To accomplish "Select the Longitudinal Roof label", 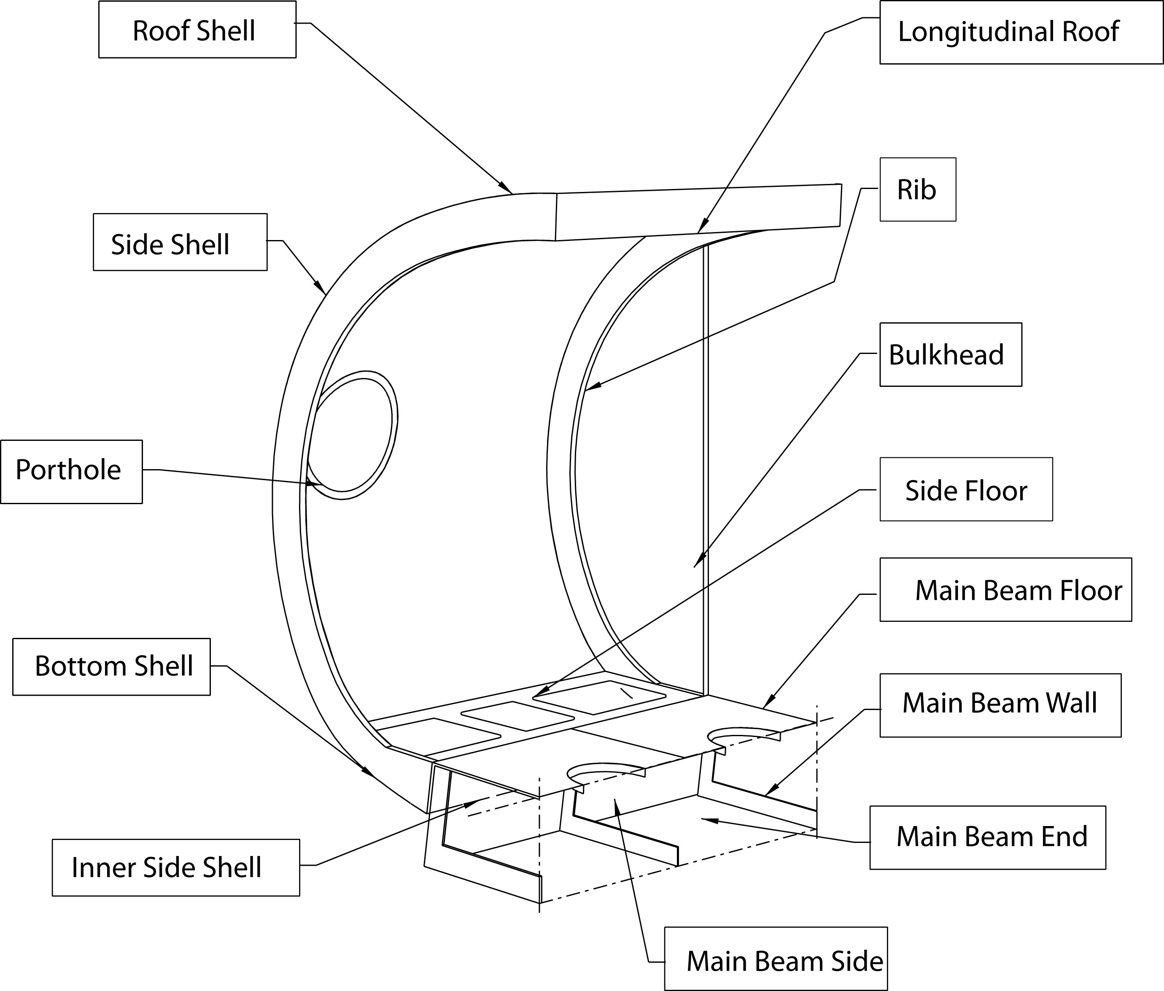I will coord(1021,32).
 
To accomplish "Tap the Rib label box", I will coord(918,189).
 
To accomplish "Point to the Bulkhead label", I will coord(950,354).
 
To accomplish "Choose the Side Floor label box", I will coord(966,489).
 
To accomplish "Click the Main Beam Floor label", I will coord(1005,590).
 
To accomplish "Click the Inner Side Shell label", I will coord(176,867).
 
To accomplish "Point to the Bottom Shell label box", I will coord(112,666).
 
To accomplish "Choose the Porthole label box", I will coord(71,471).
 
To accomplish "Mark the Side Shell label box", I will coord(180,242).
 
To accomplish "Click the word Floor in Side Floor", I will coord(1001,491).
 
